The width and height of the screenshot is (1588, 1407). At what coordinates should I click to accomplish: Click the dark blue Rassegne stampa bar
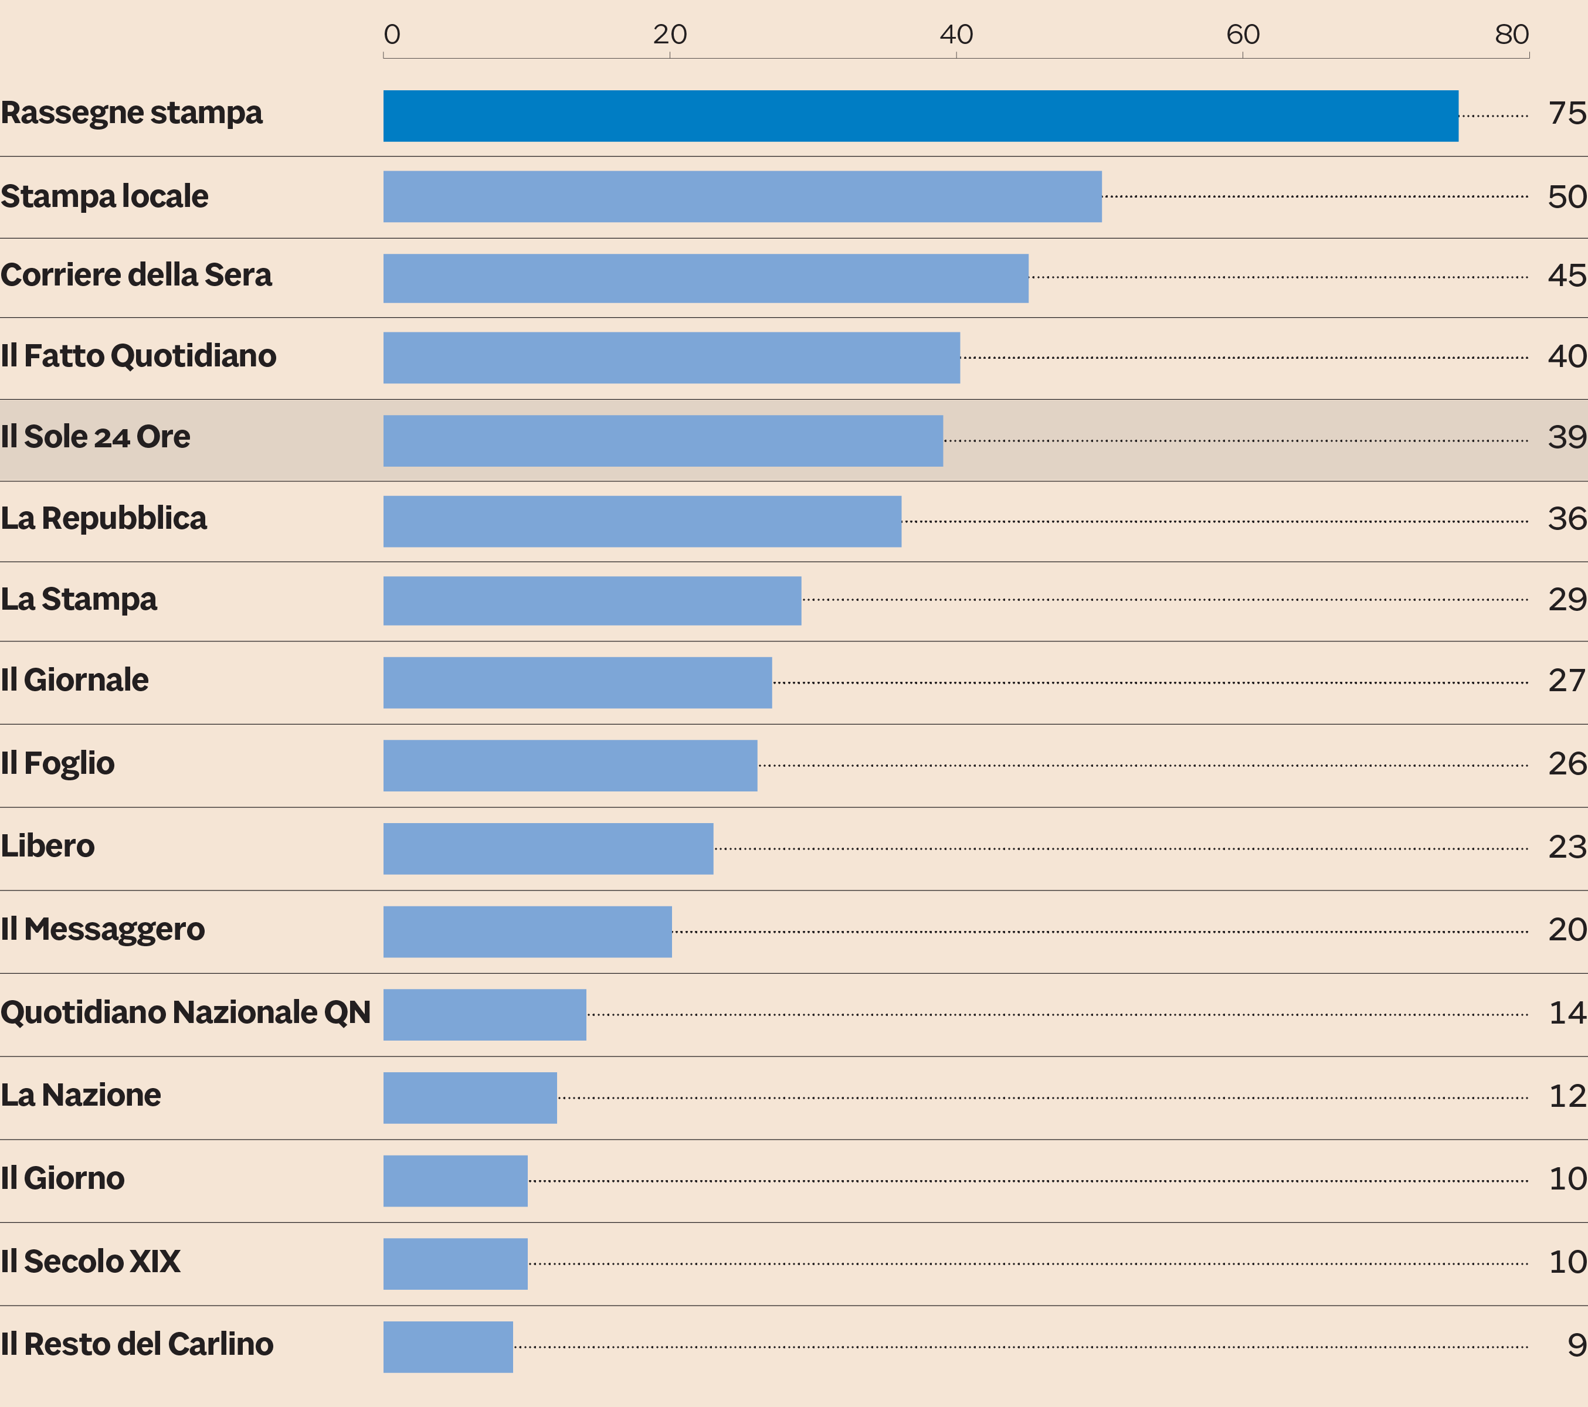(920, 115)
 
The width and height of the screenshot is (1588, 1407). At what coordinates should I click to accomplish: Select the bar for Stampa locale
(742, 196)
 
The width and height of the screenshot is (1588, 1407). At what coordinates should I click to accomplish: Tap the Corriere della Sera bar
(705, 278)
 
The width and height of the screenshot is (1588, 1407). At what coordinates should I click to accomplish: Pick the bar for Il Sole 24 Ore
(663, 440)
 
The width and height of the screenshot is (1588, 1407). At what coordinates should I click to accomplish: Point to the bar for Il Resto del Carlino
(447, 1347)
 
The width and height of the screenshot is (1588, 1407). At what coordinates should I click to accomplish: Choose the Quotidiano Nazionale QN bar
(484, 1014)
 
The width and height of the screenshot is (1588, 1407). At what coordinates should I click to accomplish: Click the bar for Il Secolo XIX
(455, 1263)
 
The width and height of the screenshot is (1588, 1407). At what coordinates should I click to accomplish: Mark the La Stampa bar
(592, 600)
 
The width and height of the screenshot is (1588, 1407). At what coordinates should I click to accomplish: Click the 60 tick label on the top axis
(1242, 34)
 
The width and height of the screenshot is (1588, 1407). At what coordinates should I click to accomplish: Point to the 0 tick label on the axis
(392, 34)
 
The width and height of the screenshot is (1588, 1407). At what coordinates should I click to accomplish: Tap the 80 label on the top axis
(1511, 34)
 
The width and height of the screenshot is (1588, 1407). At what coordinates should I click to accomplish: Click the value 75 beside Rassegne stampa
(1566, 113)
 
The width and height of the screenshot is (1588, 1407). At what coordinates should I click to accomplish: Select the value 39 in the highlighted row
(1566, 437)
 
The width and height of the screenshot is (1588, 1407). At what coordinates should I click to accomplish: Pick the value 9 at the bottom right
(1576, 1345)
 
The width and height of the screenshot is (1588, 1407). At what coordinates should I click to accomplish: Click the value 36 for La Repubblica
(1566, 519)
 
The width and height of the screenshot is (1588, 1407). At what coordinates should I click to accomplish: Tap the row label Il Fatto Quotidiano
(138, 356)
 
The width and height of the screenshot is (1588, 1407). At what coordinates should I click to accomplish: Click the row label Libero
(47, 845)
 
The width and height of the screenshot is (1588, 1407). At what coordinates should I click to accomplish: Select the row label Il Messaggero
(103, 929)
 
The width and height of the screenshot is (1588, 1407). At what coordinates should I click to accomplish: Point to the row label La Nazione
(81, 1095)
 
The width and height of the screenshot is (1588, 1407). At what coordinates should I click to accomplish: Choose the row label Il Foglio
(57, 763)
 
